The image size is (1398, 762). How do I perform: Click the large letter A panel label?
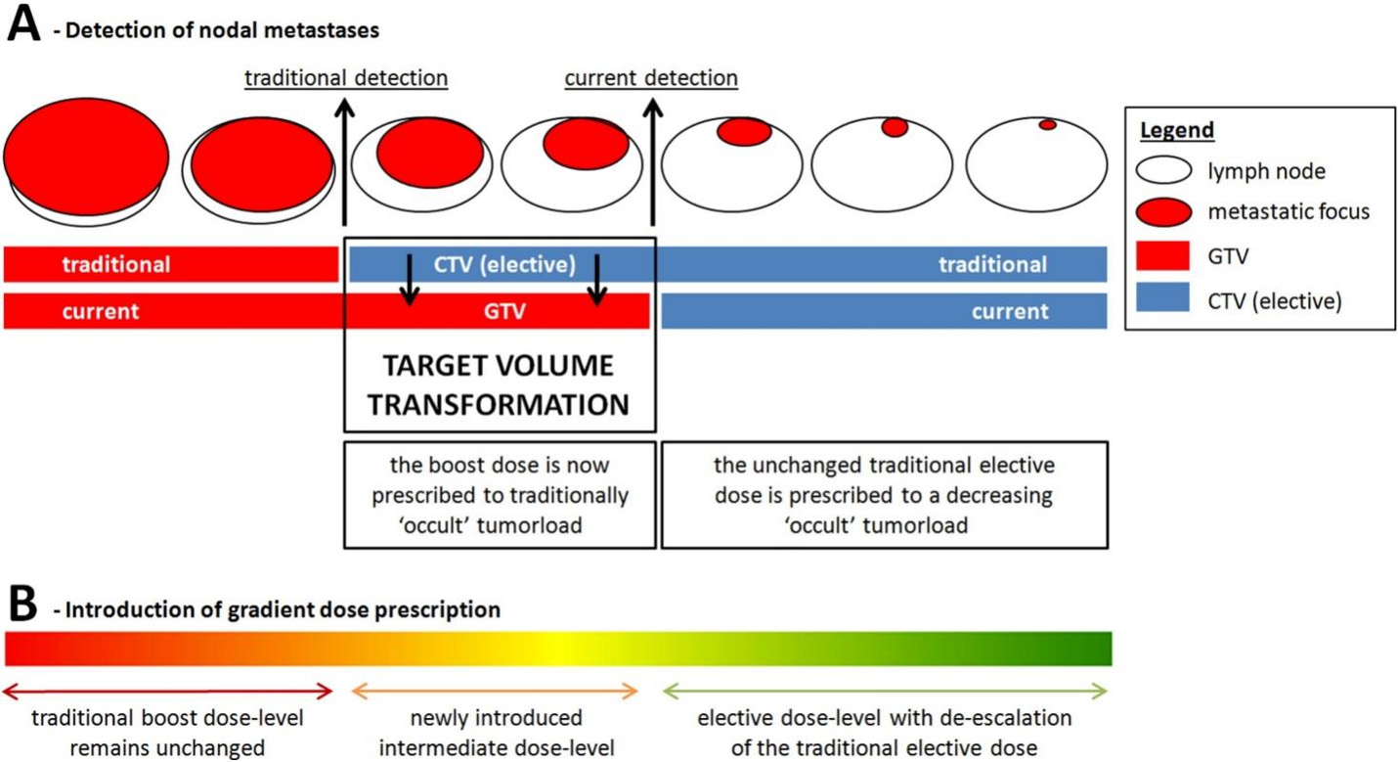(x=23, y=24)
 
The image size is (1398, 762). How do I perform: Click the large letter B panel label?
(x=23, y=604)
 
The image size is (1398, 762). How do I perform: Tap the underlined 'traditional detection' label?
(x=346, y=78)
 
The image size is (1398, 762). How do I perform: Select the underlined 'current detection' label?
(x=651, y=78)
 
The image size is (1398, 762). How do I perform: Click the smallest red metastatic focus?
(x=1047, y=125)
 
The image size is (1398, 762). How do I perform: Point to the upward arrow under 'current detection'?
(x=653, y=161)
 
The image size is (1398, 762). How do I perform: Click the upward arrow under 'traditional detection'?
(x=344, y=161)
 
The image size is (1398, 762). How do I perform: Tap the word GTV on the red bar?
(x=504, y=311)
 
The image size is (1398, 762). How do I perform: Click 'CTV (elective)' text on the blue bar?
(x=504, y=264)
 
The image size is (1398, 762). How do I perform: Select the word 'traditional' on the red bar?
(x=116, y=264)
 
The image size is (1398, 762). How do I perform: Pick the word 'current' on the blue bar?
(x=1010, y=311)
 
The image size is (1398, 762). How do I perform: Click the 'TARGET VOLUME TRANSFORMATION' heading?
(x=498, y=384)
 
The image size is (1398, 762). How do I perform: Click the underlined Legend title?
(x=1176, y=130)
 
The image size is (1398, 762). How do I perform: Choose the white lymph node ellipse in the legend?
(x=1163, y=170)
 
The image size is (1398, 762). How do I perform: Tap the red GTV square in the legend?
(x=1162, y=255)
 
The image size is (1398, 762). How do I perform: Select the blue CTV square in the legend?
(x=1162, y=296)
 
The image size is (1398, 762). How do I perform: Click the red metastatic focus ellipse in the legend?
(x=1163, y=212)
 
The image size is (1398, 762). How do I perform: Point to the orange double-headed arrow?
(x=495, y=691)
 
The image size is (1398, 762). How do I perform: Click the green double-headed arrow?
(x=885, y=691)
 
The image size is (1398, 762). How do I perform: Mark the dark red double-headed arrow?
(x=168, y=691)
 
